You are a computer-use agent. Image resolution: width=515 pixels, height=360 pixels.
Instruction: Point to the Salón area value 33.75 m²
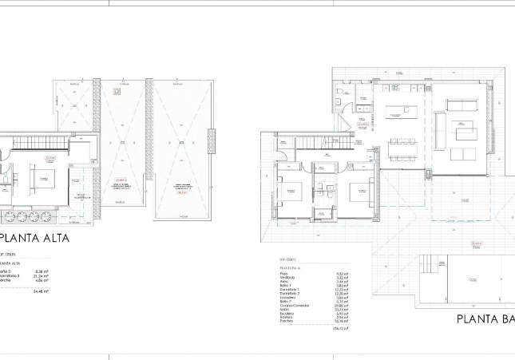click(338, 309)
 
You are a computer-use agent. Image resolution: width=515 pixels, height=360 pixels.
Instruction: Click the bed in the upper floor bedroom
click(41, 177)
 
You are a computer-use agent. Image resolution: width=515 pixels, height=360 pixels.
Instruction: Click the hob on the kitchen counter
click(394, 87)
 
